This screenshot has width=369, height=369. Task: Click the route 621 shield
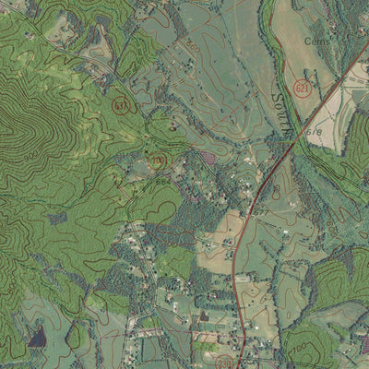(x=302, y=87)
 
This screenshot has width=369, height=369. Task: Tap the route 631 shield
(x=121, y=105)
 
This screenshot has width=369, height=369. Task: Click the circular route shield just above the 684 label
(x=158, y=162)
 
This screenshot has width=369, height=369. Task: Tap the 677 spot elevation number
(x=260, y=211)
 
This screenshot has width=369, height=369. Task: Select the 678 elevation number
(x=315, y=132)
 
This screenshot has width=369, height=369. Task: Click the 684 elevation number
(x=162, y=181)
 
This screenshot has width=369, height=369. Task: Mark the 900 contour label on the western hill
(x=30, y=155)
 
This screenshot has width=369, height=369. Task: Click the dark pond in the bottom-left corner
(x=36, y=338)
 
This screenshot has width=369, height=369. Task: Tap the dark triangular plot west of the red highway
(x=202, y=316)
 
